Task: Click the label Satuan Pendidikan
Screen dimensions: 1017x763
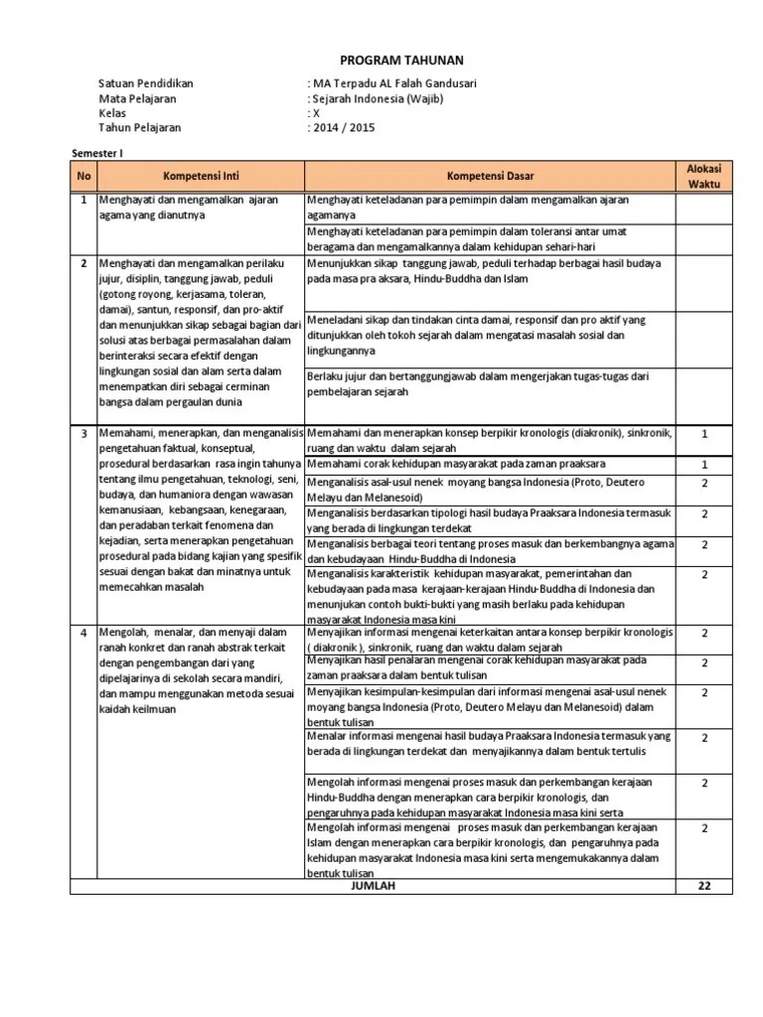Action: [x=146, y=83]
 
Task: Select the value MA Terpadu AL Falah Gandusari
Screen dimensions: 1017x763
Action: [x=394, y=83]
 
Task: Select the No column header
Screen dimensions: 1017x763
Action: [x=82, y=177]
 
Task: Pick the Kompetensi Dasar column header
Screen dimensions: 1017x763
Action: [x=490, y=177]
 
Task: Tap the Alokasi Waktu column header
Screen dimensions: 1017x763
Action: [x=704, y=177]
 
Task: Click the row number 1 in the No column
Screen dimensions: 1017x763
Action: [x=83, y=201]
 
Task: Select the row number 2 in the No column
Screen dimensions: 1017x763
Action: [x=83, y=264]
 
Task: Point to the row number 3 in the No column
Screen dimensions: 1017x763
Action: [x=83, y=434]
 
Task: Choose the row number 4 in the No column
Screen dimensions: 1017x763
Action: [x=83, y=633]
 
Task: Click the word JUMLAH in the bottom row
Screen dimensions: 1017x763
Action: [x=373, y=887]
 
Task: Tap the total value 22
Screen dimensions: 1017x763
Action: [x=704, y=887]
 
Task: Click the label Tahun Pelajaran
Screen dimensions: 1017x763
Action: [x=140, y=128]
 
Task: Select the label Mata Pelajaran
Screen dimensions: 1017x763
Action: [x=138, y=98]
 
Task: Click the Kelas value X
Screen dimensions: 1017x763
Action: [x=317, y=113]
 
